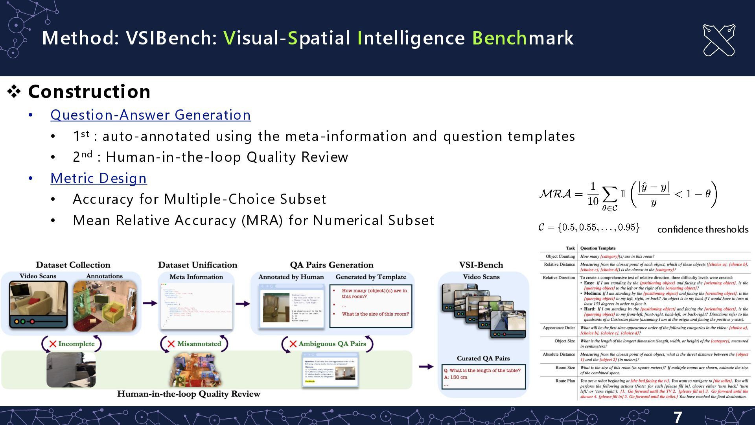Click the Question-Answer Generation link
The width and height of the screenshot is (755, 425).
click(151, 115)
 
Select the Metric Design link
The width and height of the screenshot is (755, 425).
click(98, 178)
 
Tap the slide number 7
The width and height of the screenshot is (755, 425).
click(678, 417)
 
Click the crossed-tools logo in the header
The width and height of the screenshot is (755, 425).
click(719, 40)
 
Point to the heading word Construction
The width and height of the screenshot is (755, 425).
click(89, 92)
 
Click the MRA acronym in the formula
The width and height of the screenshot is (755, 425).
click(555, 194)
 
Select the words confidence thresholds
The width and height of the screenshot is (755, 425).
click(703, 229)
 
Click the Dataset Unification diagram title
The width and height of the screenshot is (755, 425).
click(197, 265)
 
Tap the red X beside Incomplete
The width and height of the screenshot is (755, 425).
click(53, 344)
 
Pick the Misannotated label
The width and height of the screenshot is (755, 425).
click(199, 344)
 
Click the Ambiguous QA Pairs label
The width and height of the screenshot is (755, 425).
click(332, 344)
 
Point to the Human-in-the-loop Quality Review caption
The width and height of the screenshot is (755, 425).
click(189, 394)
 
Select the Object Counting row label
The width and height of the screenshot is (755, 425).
click(560, 257)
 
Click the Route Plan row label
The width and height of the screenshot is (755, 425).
click(565, 381)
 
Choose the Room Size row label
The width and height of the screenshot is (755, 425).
click(565, 368)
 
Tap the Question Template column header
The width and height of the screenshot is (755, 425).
click(598, 248)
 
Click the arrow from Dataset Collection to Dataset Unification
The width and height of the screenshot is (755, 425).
click(149, 303)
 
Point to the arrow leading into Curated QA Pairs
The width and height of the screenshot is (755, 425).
click(426, 366)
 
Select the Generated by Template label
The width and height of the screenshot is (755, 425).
click(370, 277)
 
